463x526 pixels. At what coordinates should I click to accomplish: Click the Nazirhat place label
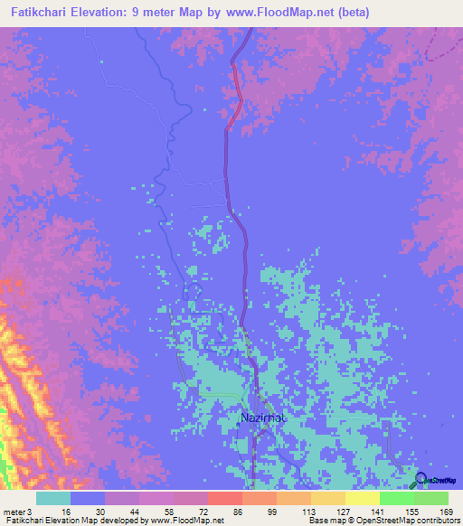pyautogui.click(x=263, y=418)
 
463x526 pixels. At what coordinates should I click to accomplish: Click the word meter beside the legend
pyautogui.click(x=14, y=512)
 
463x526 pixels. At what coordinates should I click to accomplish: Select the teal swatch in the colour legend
pyautogui.click(x=53, y=498)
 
